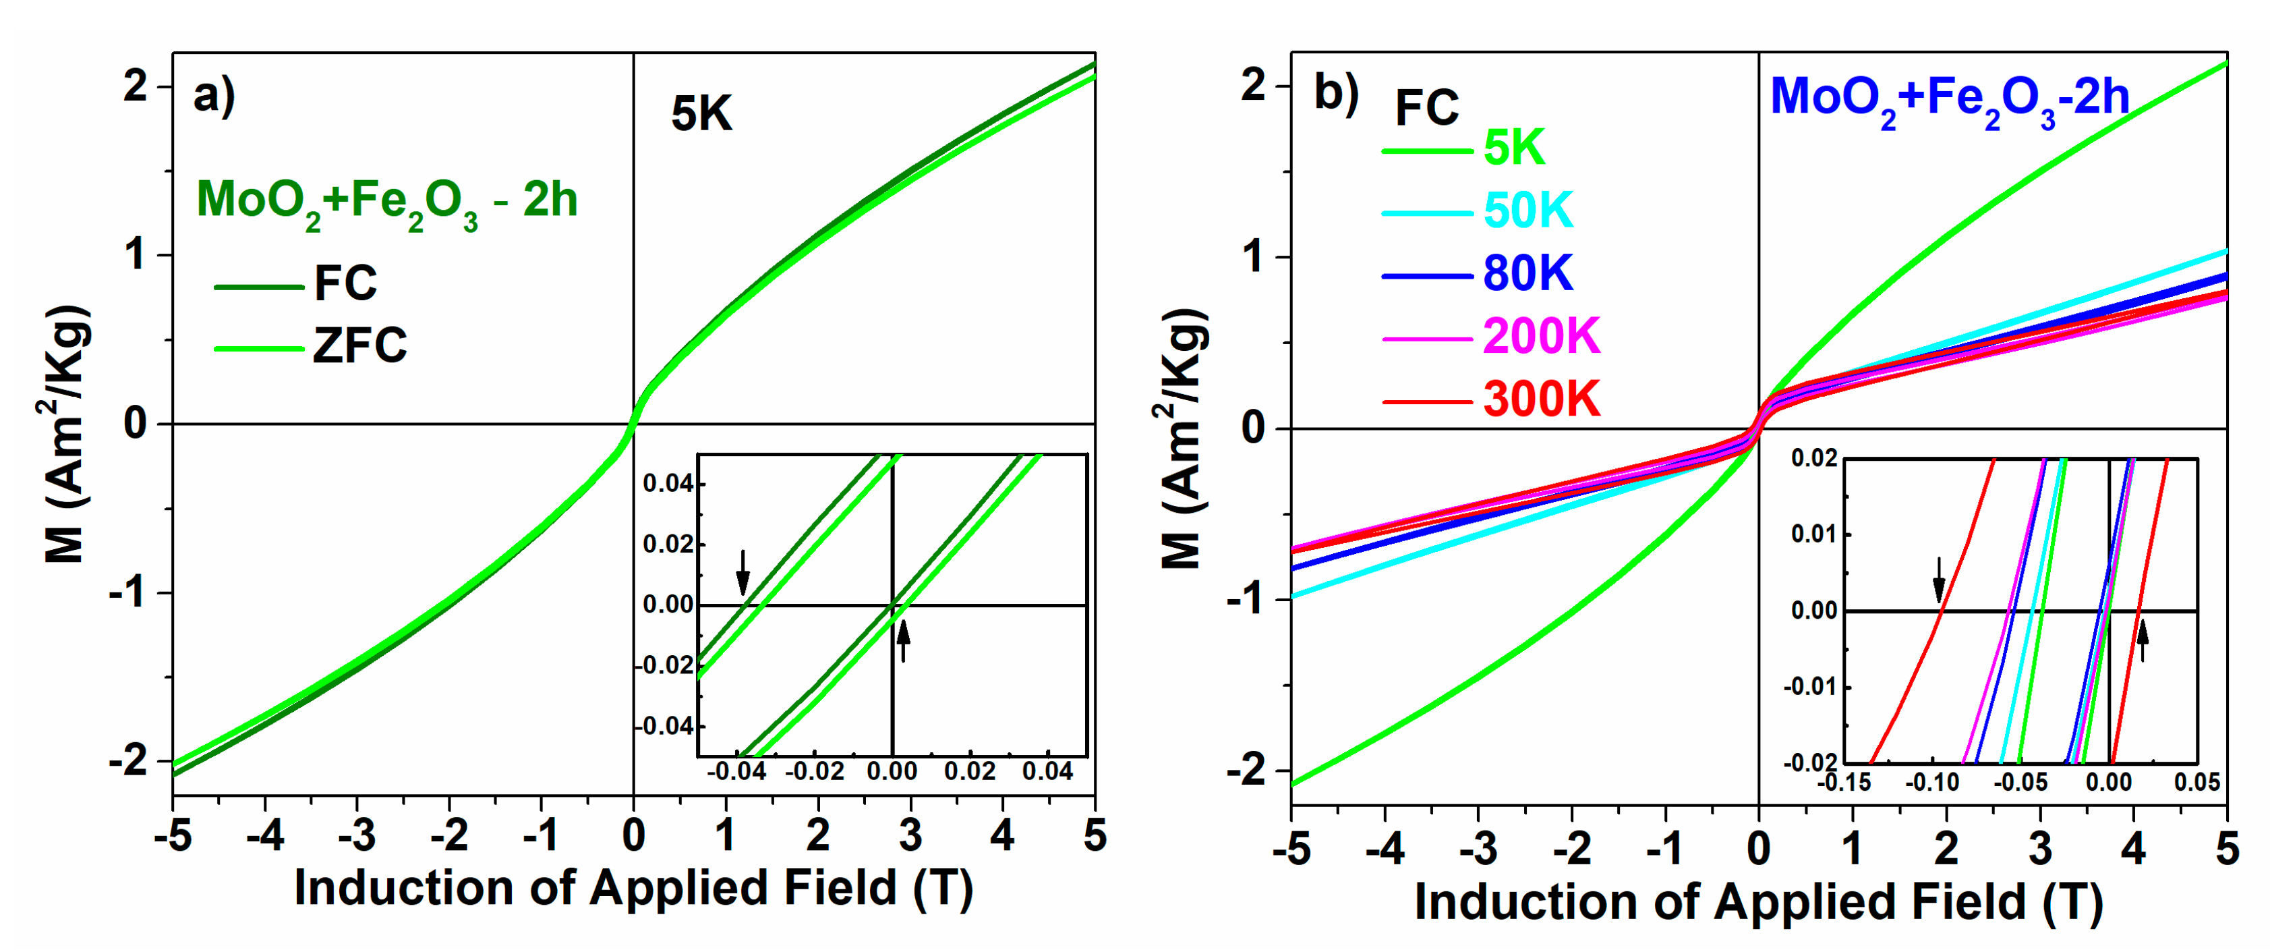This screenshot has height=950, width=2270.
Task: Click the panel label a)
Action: tap(214, 95)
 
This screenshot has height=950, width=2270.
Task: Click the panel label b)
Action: tap(1336, 92)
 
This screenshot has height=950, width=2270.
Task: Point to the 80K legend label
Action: tap(1527, 273)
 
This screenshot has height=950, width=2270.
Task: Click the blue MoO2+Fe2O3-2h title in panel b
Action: tap(1949, 99)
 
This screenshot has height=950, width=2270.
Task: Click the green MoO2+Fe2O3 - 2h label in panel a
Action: tap(386, 201)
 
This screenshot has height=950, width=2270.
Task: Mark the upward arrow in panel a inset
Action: tap(902, 639)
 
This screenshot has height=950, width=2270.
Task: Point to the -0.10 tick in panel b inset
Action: tap(1931, 782)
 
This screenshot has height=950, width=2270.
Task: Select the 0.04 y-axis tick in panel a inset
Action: tap(667, 483)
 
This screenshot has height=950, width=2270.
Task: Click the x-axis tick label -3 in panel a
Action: tap(356, 835)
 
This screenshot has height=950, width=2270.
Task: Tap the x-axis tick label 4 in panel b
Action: tap(2132, 847)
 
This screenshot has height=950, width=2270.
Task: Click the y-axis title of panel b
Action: tap(1181, 438)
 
